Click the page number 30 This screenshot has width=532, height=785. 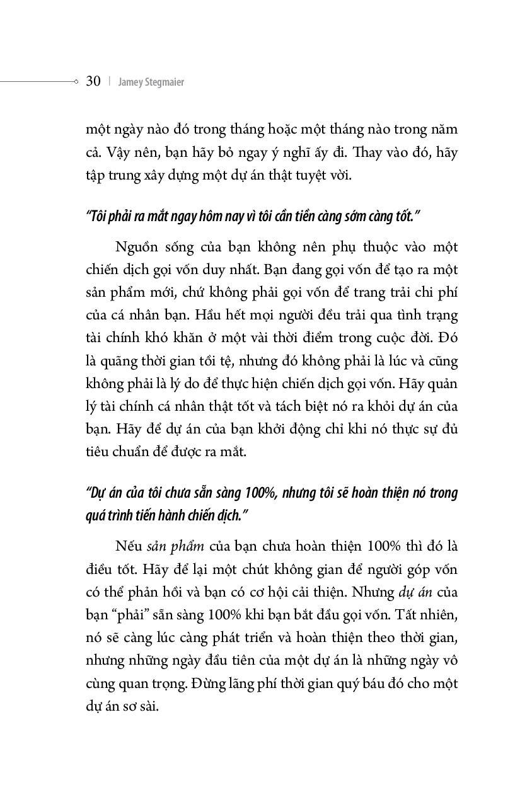click(93, 81)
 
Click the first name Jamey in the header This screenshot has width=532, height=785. click(130, 82)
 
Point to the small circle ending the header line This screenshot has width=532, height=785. click(76, 81)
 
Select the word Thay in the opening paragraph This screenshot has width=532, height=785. click(369, 152)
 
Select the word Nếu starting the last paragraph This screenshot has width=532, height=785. click(128, 546)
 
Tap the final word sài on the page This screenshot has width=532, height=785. click(147, 706)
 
